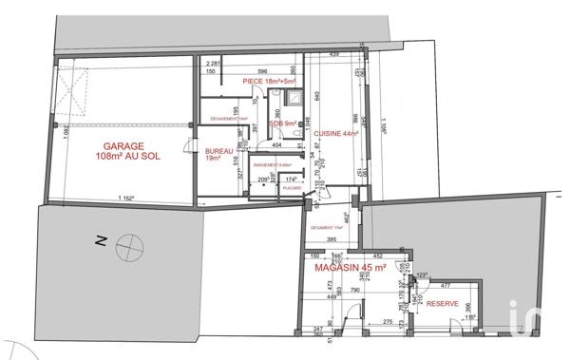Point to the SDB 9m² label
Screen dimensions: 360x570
[282, 123]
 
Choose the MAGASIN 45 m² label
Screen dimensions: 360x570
[351, 270]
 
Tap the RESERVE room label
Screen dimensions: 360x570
[444, 303]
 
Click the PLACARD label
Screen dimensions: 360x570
[292, 188]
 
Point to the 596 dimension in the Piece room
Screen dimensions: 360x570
[261, 71]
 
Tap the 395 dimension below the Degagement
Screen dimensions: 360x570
[333, 240]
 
